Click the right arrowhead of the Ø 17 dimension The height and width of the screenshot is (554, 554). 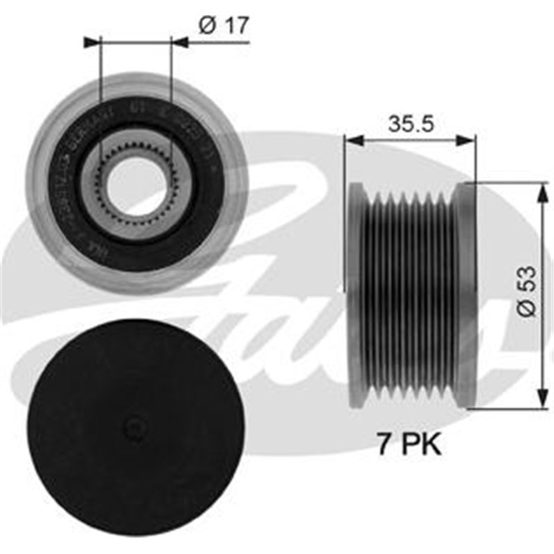click(x=179, y=42)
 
